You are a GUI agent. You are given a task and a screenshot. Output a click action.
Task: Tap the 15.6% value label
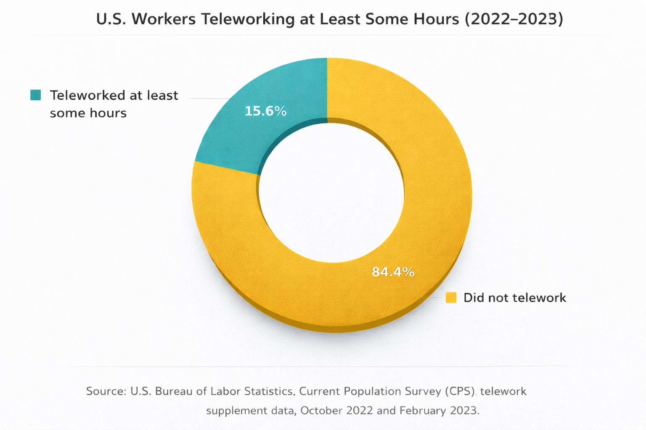(265, 111)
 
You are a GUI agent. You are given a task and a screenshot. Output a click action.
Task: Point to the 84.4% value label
(393, 272)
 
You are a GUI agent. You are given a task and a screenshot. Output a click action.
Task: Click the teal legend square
(36, 95)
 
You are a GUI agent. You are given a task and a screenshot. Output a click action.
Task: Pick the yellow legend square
(451, 298)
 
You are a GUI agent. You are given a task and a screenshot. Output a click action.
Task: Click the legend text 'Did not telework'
(514, 298)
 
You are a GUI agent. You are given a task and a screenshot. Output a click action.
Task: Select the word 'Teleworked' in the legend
(86, 95)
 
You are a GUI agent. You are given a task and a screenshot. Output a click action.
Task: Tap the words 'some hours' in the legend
(88, 113)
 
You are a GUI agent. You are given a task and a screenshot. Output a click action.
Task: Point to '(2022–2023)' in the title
(514, 19)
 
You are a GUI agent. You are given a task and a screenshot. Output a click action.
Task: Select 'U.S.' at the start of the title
(111, 19)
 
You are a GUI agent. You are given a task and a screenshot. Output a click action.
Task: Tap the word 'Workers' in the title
(164, 19)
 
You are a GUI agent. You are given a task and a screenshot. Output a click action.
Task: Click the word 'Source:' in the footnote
(106, 391)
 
